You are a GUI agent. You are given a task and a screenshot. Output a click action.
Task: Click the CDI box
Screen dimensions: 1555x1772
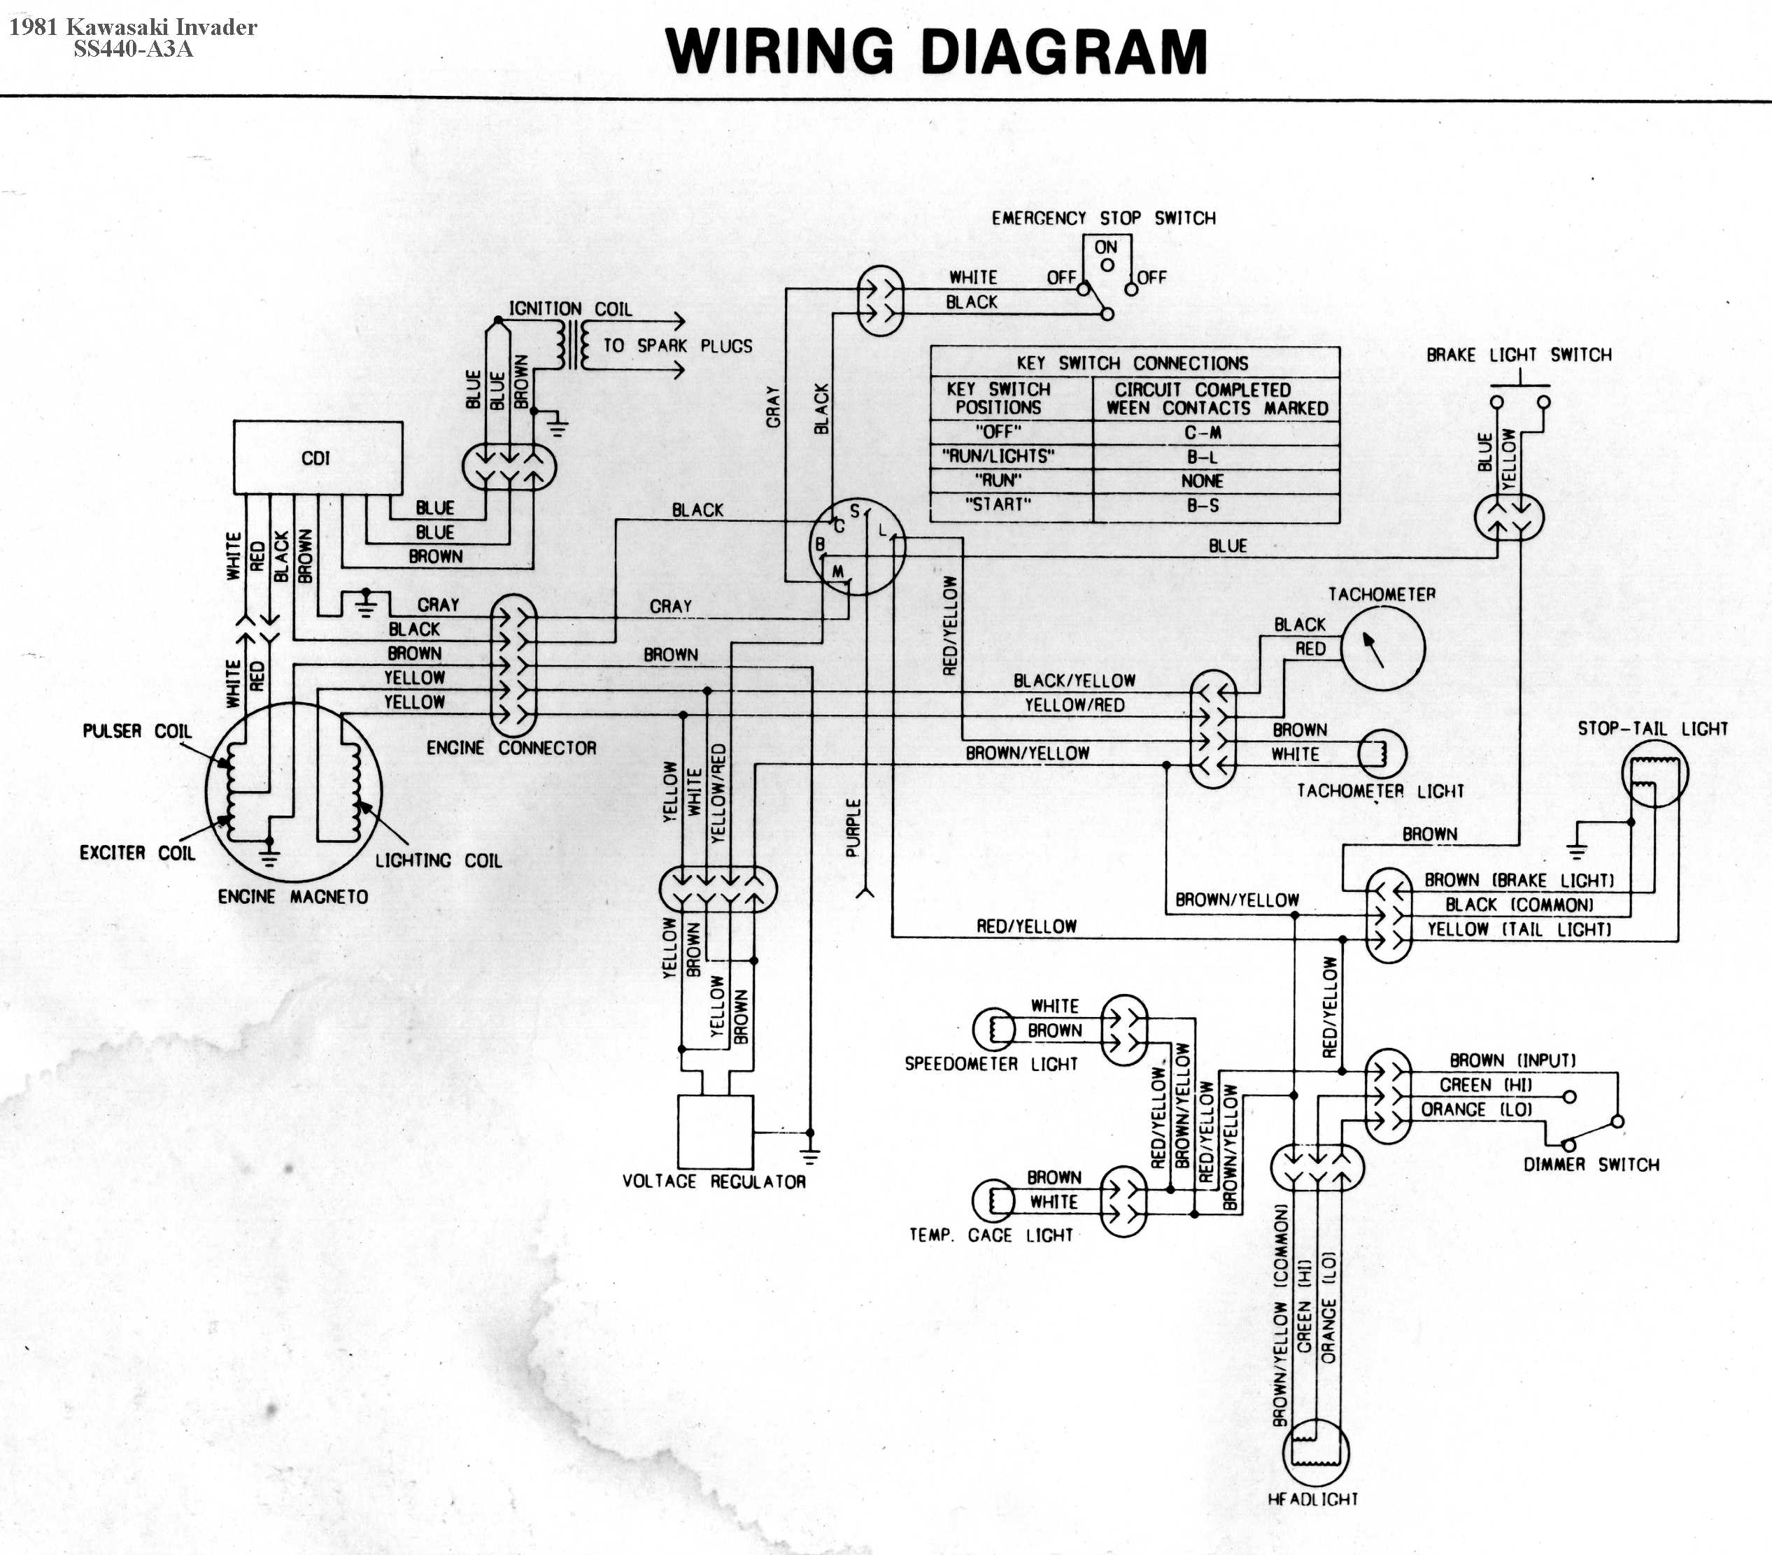click(318, 457)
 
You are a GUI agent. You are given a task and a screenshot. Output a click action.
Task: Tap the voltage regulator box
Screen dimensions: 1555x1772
click(715, 1131)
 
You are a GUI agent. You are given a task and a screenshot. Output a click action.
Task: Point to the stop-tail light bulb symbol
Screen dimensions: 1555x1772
click(1654, 773)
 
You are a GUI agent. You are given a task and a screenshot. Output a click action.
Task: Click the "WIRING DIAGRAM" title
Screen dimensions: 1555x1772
click(936, 52)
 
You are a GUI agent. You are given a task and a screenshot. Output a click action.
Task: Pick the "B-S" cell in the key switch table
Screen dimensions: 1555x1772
click(1203, 505)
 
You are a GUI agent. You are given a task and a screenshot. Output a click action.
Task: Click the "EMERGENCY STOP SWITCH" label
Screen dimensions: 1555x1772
click(1103, 218)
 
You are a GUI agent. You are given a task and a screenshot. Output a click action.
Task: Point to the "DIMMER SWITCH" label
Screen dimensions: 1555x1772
click(1591, 1165)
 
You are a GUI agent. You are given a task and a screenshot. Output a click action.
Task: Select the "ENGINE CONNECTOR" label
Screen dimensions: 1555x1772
click(511, 748)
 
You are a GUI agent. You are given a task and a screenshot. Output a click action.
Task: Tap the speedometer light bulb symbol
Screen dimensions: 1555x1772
click(993, 1029)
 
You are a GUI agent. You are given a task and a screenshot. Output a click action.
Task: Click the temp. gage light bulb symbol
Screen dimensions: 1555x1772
click(993, 1200)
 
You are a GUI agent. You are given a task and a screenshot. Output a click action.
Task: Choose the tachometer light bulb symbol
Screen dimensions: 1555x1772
click(1381, 753)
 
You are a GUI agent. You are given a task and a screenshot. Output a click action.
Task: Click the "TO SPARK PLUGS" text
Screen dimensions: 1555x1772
click(678, 346)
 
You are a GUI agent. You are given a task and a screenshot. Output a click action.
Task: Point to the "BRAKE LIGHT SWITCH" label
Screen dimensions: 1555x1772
click(1519, 355)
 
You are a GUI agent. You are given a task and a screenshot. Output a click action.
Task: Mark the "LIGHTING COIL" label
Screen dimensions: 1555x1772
click(438, 860)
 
